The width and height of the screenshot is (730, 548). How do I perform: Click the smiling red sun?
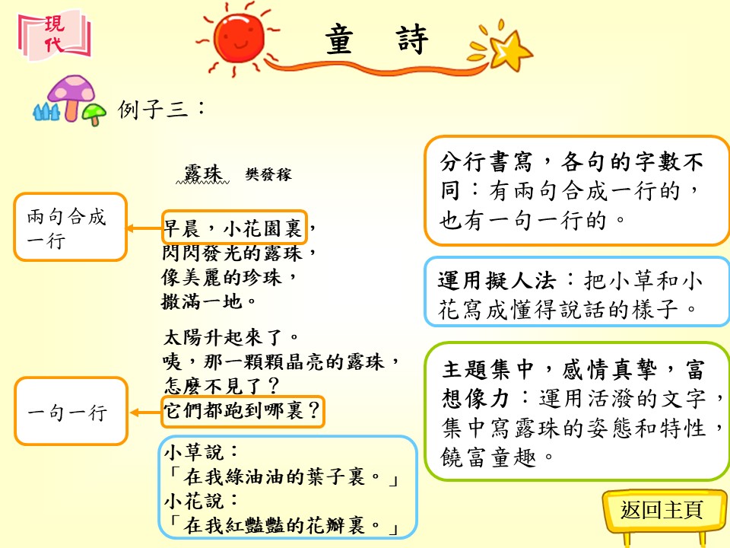pyautogui.click(x=238, y=37)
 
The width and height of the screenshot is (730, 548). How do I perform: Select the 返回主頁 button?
pyautogui.click(x=661, y=510)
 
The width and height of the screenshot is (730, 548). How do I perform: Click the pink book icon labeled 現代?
pyautogui.click(x=55, y=36)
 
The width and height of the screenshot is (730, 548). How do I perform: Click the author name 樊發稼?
pyautogui.click(x=268, y=174)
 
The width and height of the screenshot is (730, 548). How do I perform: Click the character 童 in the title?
pyautogui.click(x=339, y=40)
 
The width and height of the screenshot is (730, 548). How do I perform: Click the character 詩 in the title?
pyautogui.click(x=412, y=40)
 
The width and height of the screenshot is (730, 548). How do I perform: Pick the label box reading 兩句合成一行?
pyautogui.click(x=70, y=227)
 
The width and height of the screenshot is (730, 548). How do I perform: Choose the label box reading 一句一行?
pyautogui.click(x=71, y=411)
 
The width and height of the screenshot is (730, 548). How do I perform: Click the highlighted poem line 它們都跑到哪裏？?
pyautogui.click(x=243, y=412)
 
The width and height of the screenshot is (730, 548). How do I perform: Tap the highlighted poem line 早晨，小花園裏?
pyautogui.click(x=235, y=228)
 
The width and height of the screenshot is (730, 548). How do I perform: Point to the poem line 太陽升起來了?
pyautogui.click(x=231, y=337)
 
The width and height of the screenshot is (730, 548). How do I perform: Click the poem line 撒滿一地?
pyautogui.click(x=209, y=301)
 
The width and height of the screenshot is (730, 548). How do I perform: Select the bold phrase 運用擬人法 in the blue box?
pyautogui.click(x=497, y=281)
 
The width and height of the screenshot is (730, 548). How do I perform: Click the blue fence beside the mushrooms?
pyautogui.click(x=46, y=113)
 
